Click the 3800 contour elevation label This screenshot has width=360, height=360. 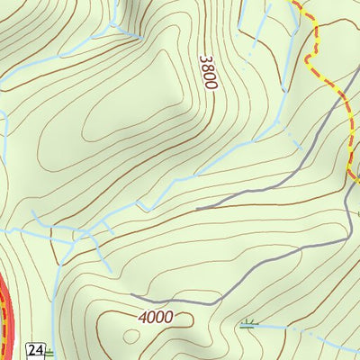tap(208, 72)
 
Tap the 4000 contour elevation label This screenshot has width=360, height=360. tap(155, 318)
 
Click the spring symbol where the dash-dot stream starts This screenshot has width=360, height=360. tap(247, 323)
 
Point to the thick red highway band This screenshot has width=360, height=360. tap(6, 306)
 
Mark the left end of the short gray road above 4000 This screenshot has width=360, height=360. tap(132, 294)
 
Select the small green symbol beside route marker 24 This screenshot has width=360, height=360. tap(49, 354)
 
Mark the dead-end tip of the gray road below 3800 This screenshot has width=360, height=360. tap(197, 209)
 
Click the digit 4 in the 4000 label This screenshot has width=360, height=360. tap(144, 318)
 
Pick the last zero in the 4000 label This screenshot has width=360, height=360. tap(166, 318)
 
